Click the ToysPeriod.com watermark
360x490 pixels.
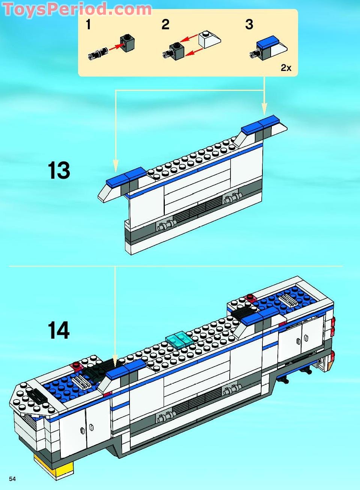point(77,9)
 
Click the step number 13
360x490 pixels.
point(59,171)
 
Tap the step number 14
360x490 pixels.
point(59,330)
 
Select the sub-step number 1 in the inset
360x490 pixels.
point(88,25)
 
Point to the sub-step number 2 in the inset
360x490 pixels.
point(165,25)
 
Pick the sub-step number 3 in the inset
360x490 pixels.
point(249,25)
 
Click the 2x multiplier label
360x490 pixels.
point(286,68)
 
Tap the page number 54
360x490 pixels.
point(12,479)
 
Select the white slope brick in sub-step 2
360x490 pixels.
point(209,39)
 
